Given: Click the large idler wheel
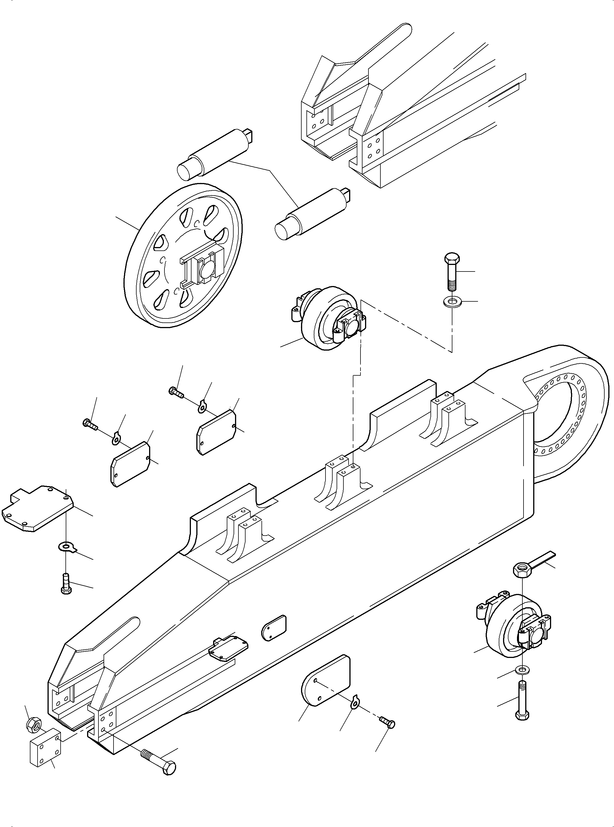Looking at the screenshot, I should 183,256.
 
